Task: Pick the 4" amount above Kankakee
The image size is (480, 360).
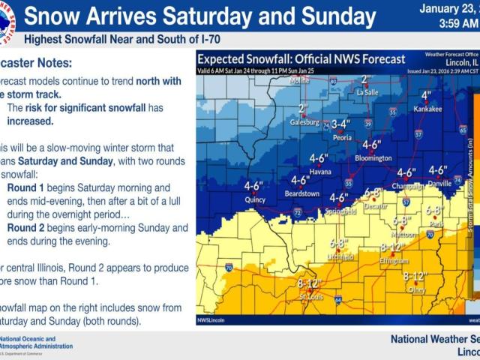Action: pos(426,95)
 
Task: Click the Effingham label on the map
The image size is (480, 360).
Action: pos(394,260)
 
